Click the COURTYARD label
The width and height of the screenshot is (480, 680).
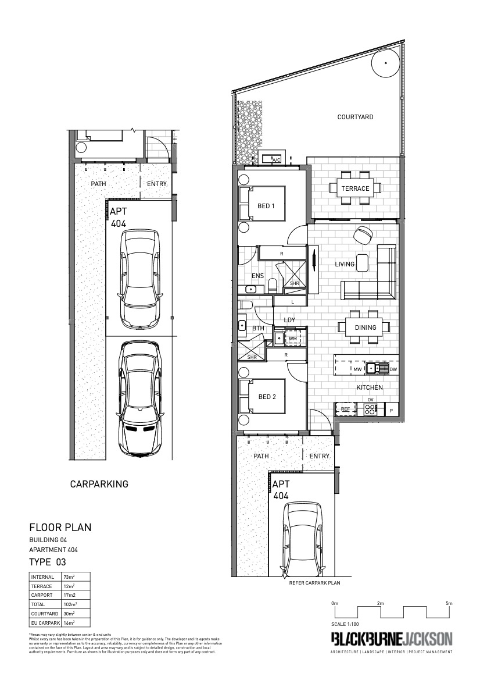click(x=355, y=117)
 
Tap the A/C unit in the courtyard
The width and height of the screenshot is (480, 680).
click(x=273, y=158)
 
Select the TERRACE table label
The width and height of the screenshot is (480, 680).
click(x=355, y=188)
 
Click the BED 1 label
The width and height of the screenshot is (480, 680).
click(x=266, y=206)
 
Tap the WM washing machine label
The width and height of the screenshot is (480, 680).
click(x=293, y=338)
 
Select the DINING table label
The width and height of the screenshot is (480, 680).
click(x=365, y=327)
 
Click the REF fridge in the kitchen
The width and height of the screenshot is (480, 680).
click(x=345, y=409)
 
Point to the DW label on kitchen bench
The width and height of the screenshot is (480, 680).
click(x=393, y=369)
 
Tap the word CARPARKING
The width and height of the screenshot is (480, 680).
click(x=99, y=484)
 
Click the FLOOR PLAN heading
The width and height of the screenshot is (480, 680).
click(x=60, y=528)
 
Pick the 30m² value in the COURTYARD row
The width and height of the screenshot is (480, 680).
click(x=69, y=614)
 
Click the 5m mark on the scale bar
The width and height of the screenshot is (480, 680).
click(x=449, y=604)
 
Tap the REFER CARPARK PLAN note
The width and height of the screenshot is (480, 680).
click(x=314, y=582)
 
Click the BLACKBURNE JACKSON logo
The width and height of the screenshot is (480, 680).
click(x=391, y=639)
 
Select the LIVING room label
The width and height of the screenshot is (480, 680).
click(x=345, y=264)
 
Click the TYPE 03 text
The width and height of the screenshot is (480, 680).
click(x=48, y=562)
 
